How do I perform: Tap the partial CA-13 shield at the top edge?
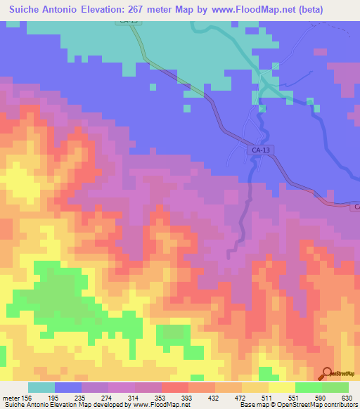(x=129, y=21)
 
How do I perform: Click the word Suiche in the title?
(x=24, y=8)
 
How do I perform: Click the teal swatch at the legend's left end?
(x=41, y=387)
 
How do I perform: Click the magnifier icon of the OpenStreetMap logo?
(x=326, y=374)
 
